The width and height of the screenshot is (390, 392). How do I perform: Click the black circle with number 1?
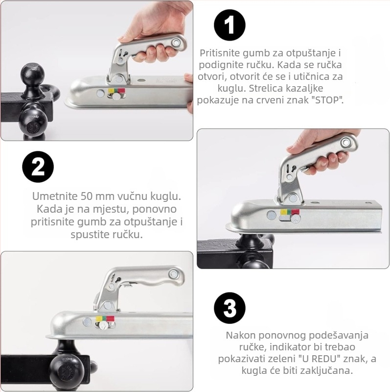point(229,25)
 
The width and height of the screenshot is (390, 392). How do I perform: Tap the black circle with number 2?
point(38,167)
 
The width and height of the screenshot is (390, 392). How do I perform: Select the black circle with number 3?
point(229,308)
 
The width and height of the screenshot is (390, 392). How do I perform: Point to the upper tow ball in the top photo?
point(33,75)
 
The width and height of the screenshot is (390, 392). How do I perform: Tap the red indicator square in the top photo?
point(121,90)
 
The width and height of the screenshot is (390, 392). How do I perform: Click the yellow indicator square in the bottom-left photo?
point(98,318)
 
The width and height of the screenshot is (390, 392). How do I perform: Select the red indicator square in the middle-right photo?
point(295,212)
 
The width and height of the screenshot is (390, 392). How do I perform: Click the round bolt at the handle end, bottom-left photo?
point(174,274)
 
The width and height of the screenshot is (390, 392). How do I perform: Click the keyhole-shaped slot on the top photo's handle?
point(126,53)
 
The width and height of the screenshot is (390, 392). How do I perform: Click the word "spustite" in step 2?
point(86,235)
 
